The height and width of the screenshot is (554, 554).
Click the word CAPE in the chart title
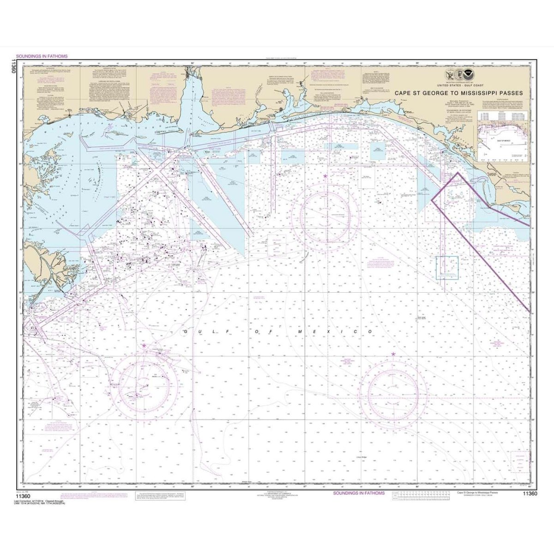click(403, 93)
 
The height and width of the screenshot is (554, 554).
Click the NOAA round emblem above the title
click(469, 74)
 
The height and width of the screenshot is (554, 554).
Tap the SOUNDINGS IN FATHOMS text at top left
click(42, 56)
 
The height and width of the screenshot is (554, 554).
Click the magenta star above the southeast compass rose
click(393, 354)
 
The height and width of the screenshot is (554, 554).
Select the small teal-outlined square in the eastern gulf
click(447, 268)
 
